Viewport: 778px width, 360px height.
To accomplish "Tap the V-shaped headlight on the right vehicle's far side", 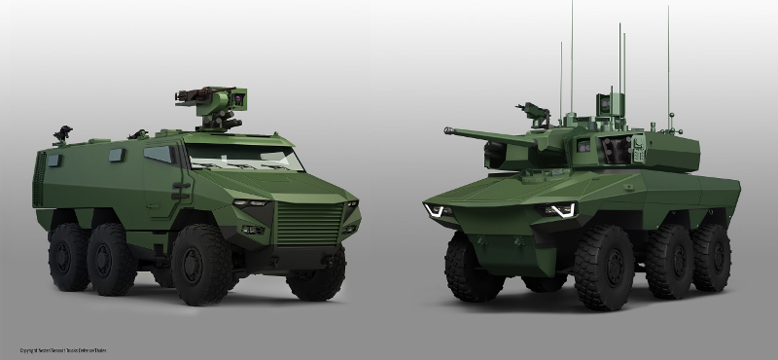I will click(x=438, y=210).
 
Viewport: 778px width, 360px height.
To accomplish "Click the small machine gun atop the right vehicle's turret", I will click(x=532, y=110).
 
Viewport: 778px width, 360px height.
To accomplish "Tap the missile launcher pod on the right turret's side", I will click(x=616, y=147).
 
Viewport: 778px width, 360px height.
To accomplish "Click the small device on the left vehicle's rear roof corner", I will click(x=64, y=132).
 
